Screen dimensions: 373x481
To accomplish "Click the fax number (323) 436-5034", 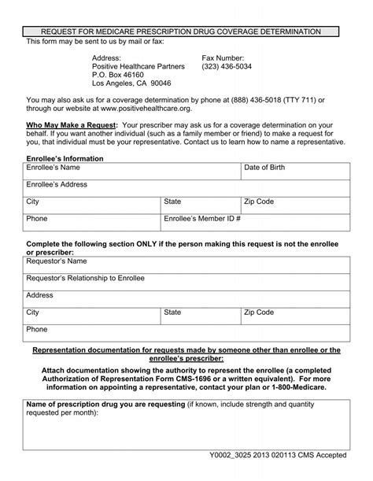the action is pyautogui.click(x=228, y=66).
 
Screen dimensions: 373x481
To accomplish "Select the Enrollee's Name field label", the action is pyautogui.click(x=54, y=168).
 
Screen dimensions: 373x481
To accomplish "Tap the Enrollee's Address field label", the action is pyautogui.click(x=57, y=185).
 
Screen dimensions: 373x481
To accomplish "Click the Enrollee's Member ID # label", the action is pyautogui.click(x=202, y=218).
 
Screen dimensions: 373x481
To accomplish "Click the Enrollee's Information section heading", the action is pyautogui.click(x=65, y=159).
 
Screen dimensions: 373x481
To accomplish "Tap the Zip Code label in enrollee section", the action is pyautogui.click(x=259, y=202).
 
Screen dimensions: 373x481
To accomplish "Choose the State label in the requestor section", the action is pyautogui.click(x=172, y=313).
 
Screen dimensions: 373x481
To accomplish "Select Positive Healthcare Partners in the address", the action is pyautogui.click(x=138, y=66).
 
